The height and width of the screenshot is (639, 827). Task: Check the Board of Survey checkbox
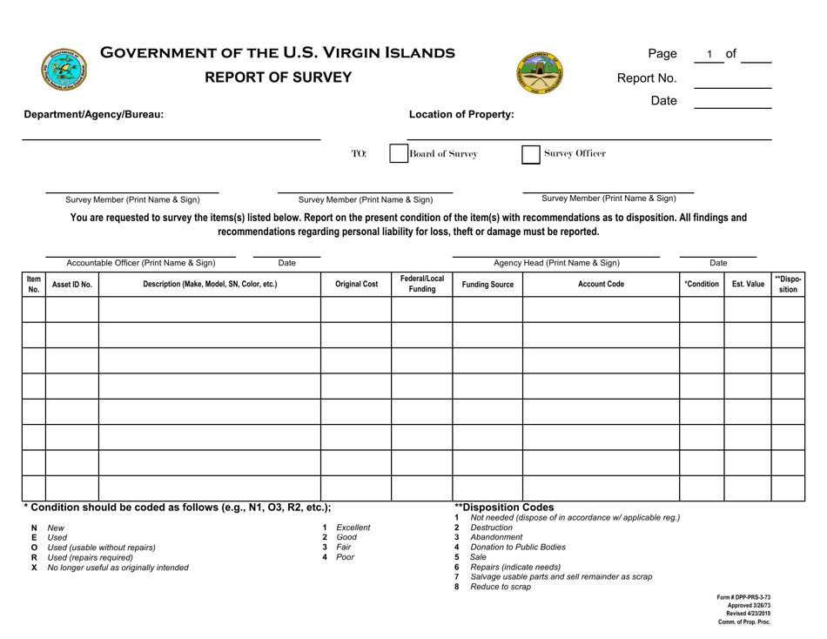[x=399, y=154]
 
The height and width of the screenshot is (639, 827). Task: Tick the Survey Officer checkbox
[x=530, y=154]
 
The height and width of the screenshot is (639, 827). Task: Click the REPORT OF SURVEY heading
[x=278, y=77]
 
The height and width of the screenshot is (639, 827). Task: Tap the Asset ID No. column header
[x=71, y=284]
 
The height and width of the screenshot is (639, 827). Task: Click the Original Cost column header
[x=356, y=284]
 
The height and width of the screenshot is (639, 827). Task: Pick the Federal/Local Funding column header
[x=422, y=284]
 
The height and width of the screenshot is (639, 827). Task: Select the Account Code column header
[x=600, y=284]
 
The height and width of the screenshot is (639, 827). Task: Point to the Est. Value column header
[x=747, y=284]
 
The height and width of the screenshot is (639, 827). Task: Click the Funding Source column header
[x=487, y=284]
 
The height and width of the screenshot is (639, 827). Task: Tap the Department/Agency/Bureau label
[x=93, y=114]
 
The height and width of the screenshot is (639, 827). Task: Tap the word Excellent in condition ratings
[x=353, y=528]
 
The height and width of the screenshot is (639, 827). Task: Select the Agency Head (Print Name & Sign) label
[x=557, y=262]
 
